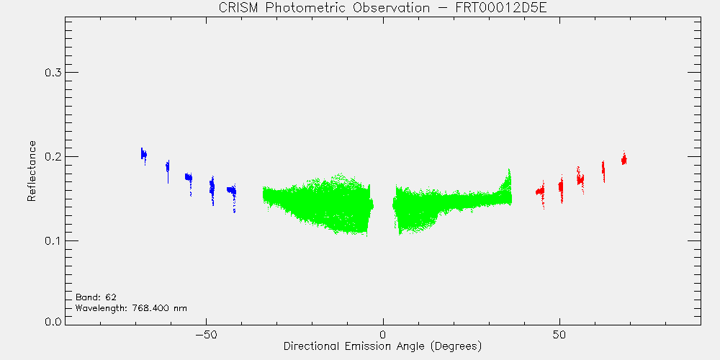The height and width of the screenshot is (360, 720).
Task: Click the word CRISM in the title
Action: (x=235, y=9)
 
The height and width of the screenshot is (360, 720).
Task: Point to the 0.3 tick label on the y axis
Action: (x=52, y=73)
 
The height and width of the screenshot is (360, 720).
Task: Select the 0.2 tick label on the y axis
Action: (x=52, y=156)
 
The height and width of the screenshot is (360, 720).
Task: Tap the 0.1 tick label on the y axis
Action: (x=52, y=241)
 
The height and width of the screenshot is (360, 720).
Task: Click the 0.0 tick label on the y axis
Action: (x=52, y=321)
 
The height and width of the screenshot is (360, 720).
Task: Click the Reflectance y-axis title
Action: (x=31, y=171)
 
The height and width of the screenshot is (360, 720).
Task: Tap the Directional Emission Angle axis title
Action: (x=383, y=346)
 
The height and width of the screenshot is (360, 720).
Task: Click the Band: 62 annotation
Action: (x=92, y=297)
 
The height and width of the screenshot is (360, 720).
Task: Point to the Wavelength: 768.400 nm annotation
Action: (x=131, y=308)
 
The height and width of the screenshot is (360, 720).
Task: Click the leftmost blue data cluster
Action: (x=144, y=155)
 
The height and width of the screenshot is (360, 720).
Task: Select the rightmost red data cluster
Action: (x=624, y=159)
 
